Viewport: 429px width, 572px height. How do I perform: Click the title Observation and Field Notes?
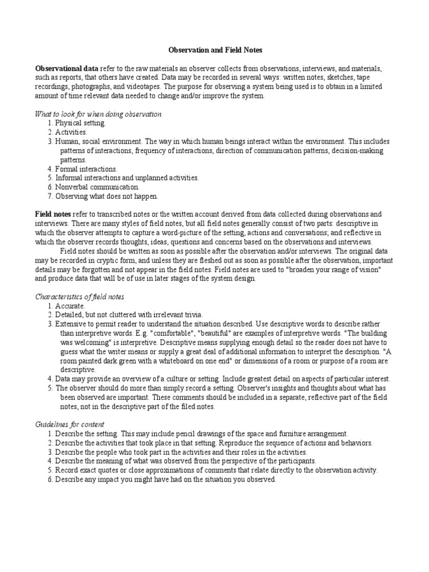[x=214, y=50]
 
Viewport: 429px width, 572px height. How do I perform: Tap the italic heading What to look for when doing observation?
[x=98, y=114]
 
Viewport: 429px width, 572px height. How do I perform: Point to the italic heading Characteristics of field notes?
[x=79, y=296]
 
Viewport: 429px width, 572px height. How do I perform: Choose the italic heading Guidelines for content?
[x=69, y=425]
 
